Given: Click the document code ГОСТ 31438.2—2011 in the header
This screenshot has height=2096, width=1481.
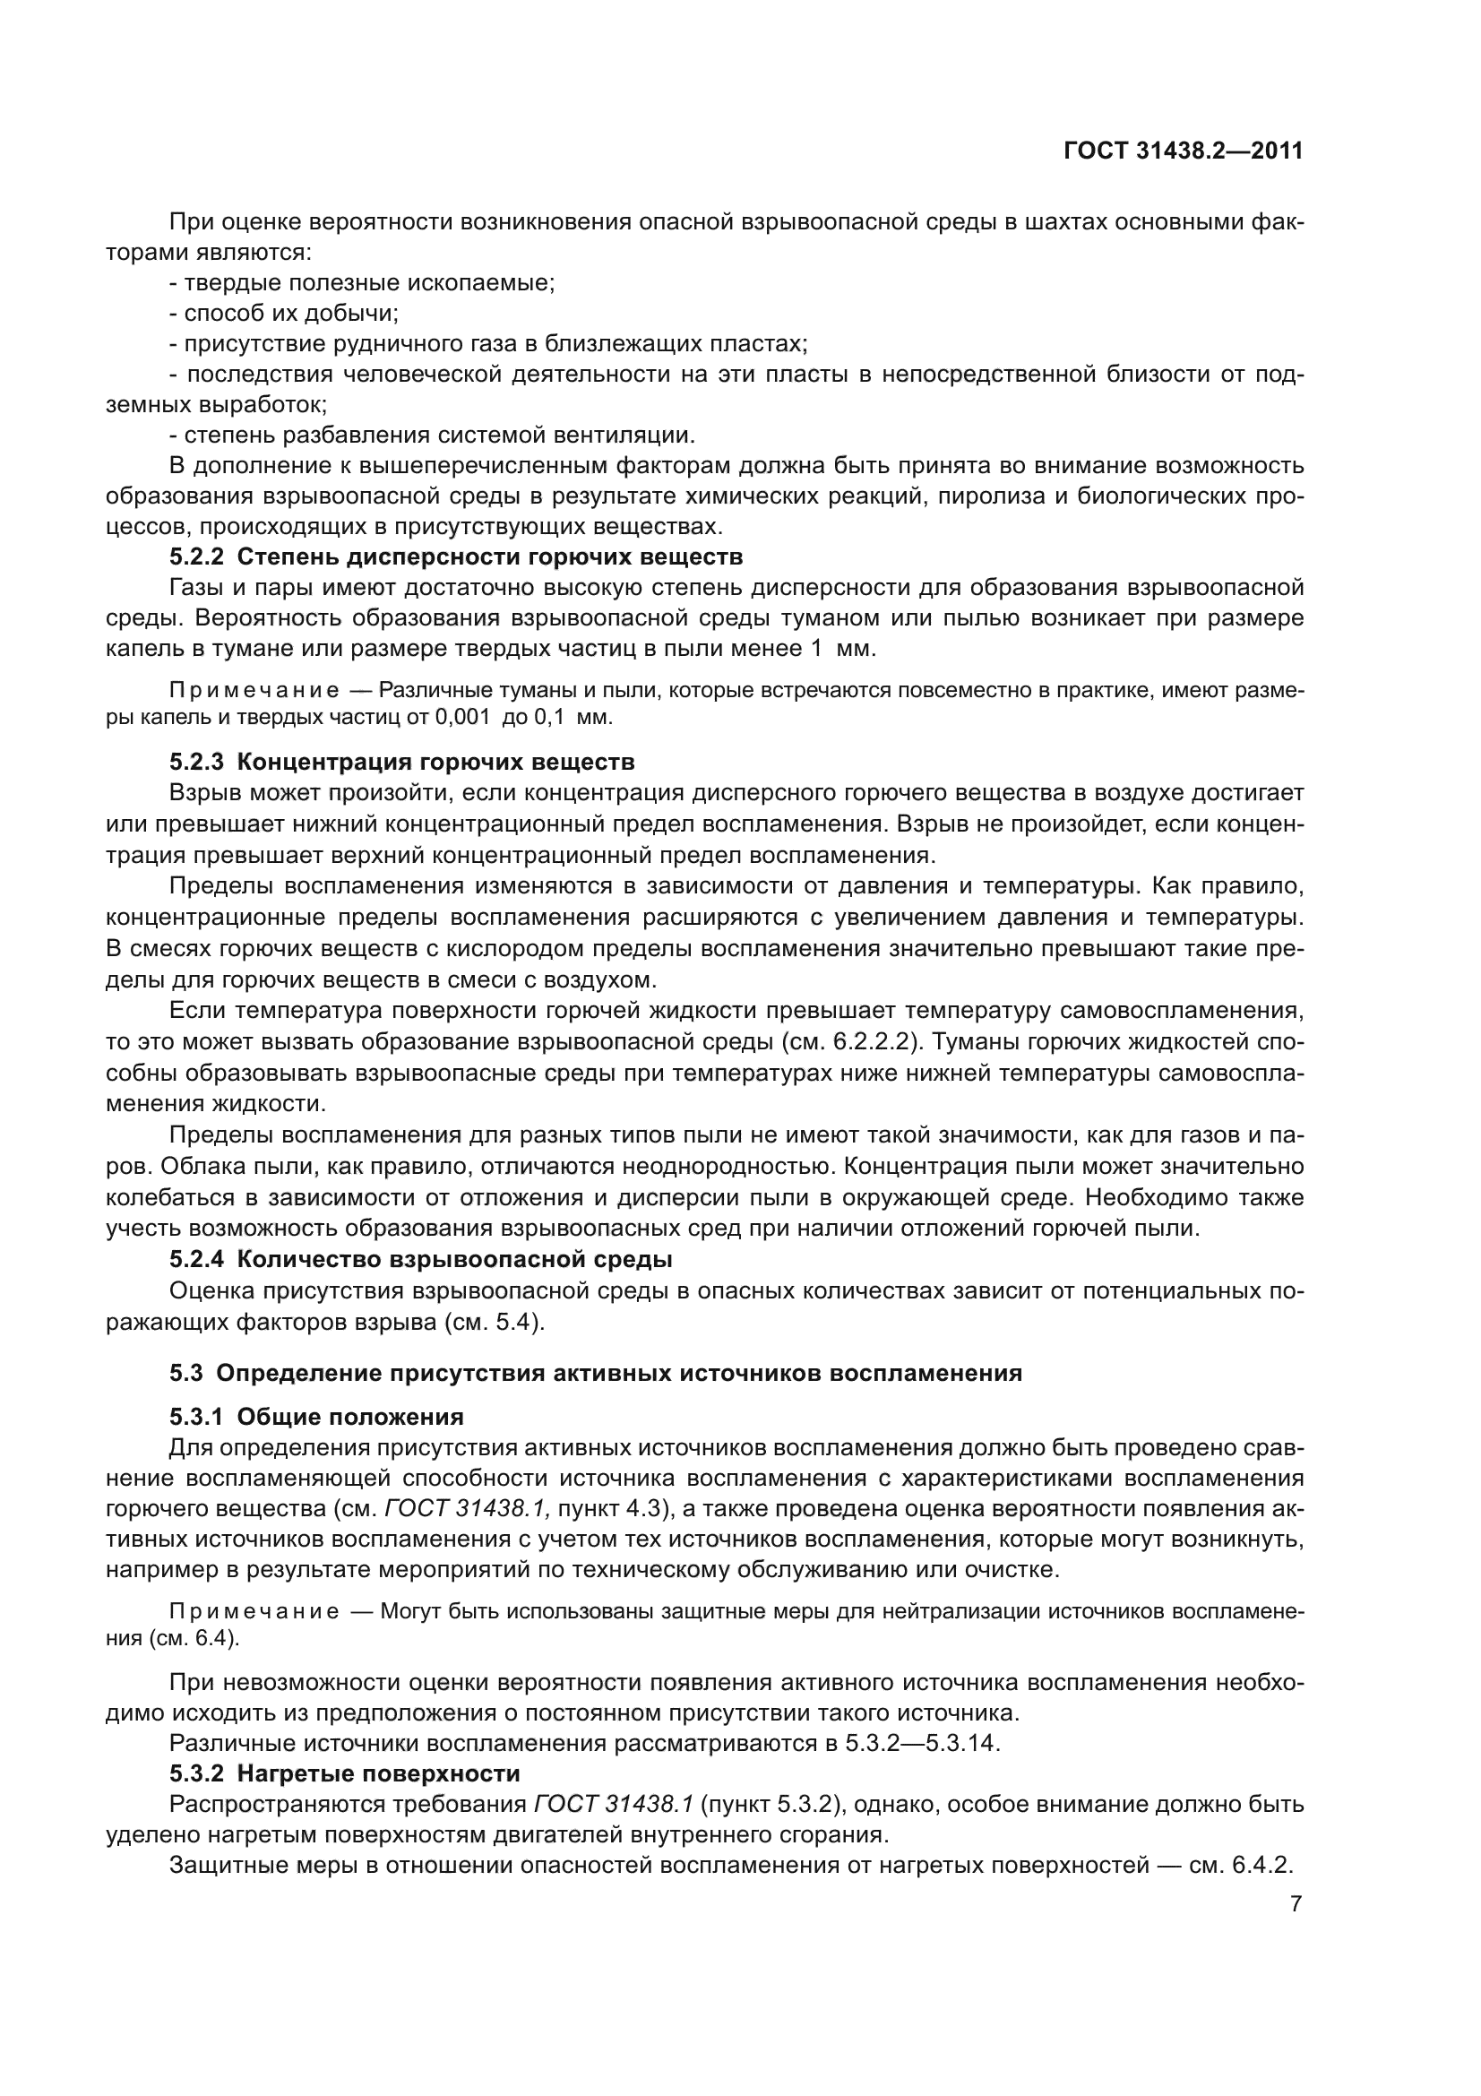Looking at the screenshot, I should (1183, 151).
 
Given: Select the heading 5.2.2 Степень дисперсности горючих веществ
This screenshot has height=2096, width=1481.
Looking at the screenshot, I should (456, 556).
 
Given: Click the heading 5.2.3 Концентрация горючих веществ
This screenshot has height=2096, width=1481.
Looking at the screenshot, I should (401, 762).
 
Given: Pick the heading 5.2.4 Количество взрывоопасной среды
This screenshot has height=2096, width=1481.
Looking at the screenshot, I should (421, 1260).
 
